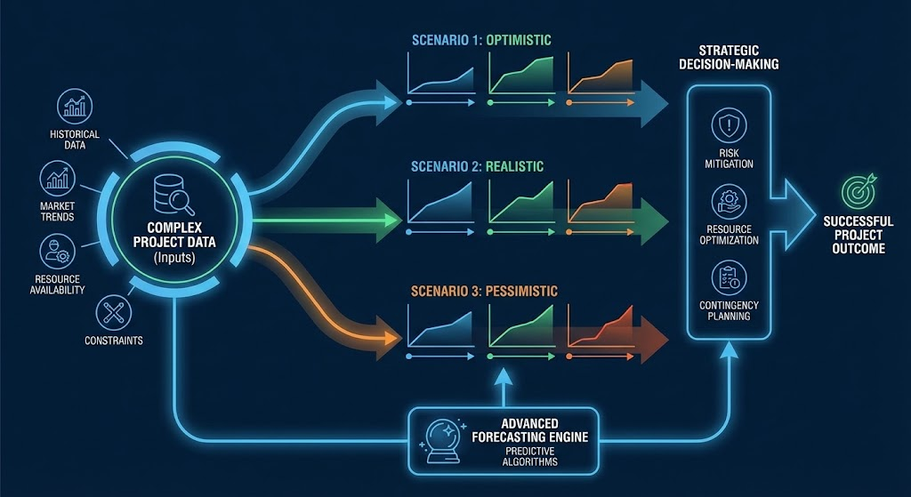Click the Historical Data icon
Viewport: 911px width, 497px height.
pyautogui.click(x=74, y=107)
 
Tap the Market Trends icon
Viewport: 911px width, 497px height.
pyautogui.click(x=57, y=179)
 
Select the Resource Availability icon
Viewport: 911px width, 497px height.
pyautogui.click(x=57, y=250)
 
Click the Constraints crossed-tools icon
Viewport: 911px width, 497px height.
pyautogui.click(x=116, y=311)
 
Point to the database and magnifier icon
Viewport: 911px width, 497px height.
pyautogui.click(x=174, y=195)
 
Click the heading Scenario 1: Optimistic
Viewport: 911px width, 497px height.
pyautogui.click(x=481, y=40)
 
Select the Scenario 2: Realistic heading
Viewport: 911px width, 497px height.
pyautogui.click(x=478, y=166)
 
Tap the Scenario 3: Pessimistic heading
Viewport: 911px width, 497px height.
pyautogui.click(x=484, y=291)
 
